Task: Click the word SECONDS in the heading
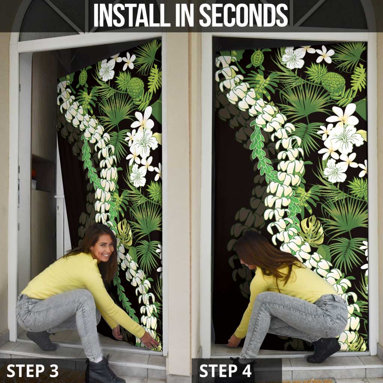click(243, 15)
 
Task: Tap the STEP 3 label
click(33, 371)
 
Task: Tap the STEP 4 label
click(226, 371)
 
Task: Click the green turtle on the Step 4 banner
click(257, 58)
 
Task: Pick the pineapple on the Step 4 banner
click(333, 83)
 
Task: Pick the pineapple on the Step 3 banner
click(135, 88)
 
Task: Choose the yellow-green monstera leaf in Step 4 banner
click(311, 231)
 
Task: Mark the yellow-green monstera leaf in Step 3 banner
click(125, 232)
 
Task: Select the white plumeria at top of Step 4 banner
click(324, 54)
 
